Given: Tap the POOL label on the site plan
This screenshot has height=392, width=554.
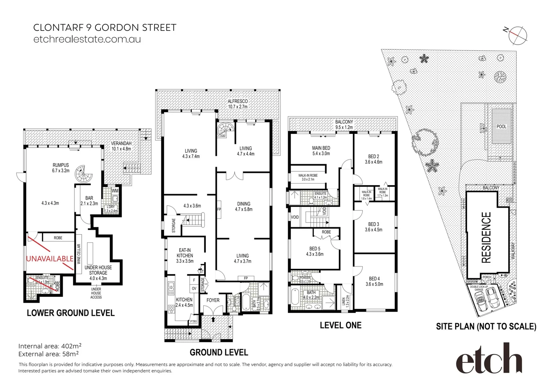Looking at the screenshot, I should [501, 126].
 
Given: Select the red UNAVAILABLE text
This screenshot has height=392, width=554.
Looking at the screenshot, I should [50, 259].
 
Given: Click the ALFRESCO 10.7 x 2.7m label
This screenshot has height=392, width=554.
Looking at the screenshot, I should [238, 104].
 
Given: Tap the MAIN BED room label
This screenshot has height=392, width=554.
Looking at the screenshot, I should [321, 151].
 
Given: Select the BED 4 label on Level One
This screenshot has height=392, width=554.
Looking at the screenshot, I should [373, 281].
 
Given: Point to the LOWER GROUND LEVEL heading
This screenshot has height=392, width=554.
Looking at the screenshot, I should [71, 313].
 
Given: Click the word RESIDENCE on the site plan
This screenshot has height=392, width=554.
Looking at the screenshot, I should [486, 237].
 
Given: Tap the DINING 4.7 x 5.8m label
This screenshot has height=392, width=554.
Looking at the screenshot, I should [243, 207].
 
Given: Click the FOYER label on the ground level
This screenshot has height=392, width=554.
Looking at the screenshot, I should [213, 300].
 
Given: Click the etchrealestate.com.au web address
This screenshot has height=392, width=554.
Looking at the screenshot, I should [87, 39].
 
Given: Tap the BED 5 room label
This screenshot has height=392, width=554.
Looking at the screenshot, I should [315, 251].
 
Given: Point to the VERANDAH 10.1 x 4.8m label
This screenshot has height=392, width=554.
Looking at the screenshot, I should [121, 146].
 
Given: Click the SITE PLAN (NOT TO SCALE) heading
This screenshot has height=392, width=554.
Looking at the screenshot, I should [486, 326].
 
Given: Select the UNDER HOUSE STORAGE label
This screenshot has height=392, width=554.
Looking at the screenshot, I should [98, 270].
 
